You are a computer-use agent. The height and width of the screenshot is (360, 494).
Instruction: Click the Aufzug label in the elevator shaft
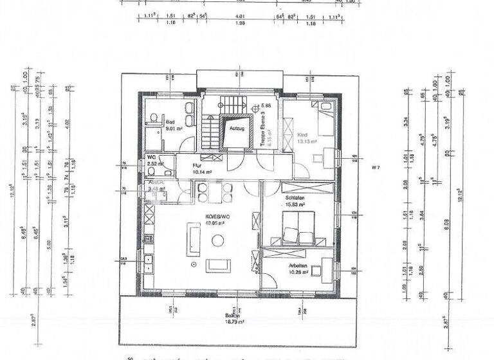tap(235, 129)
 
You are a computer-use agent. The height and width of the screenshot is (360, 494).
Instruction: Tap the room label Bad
tap(170, 122)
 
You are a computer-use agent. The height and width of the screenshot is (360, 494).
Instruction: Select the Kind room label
tap(303, 135)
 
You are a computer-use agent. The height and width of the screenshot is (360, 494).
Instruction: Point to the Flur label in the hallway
tap(197, 165)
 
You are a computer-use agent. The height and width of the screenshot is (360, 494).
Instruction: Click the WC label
tap(152, 157)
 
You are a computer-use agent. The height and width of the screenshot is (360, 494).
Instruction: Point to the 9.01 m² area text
tap(174, 129)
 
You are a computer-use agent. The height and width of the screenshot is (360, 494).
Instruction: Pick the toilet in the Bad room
tap(154, 116)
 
